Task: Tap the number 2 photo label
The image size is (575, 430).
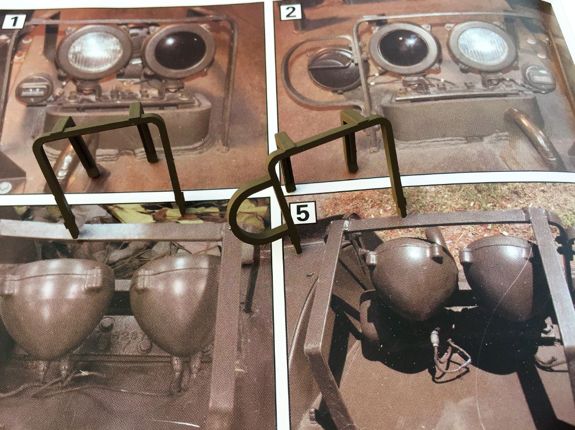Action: [290, 12]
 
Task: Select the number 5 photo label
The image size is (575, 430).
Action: [303, 213]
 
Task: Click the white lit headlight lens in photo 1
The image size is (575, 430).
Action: [95, 52]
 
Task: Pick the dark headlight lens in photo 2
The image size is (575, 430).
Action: [403, 48]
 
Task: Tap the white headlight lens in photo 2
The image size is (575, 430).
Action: [482, 45]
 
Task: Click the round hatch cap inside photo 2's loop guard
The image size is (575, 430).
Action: [332, 70]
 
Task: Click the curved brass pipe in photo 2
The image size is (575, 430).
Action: [532, 136]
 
